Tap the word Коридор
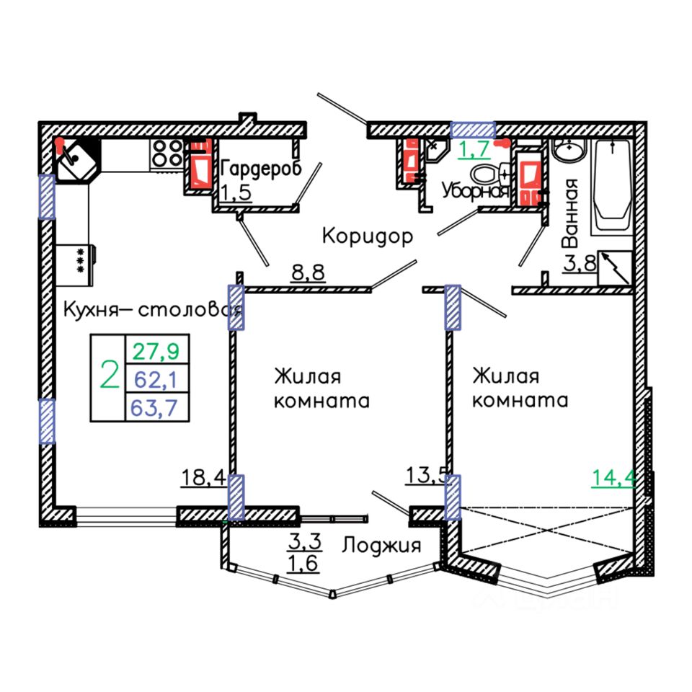click(367, 236)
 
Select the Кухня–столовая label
click(151, 311)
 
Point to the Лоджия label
click(381, 546)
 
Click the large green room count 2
click(109, 377)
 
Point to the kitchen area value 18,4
click(203, 477)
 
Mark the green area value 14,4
click(613, 477)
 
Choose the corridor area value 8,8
click(308, 273)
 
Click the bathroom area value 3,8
click(580, 263)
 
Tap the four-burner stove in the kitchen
click(168, 154)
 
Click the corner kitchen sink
click(74, 160)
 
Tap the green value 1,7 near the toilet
click(475, 150)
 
